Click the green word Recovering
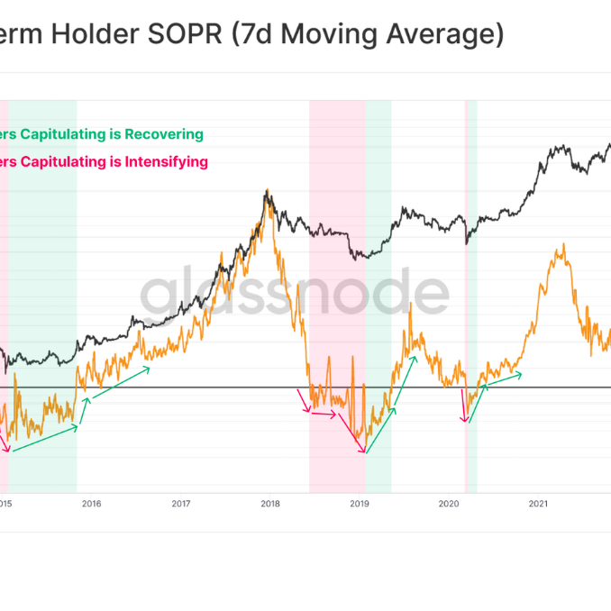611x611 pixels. (x=163, y=134)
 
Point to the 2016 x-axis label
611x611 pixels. (x=91, y=504)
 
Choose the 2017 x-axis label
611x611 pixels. (x=180, y=504)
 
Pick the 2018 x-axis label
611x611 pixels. (x=269, y=504)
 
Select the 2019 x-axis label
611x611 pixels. (x=360, y=504)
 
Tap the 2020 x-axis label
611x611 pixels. (x=449, y=504)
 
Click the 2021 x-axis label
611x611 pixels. (x=538, y=504)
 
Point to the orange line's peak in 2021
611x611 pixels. (x=564, y=244)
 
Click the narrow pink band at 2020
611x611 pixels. (x=466, y=297)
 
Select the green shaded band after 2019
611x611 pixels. (x=378, y=297)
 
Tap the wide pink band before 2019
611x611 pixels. (x=337, y=297)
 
